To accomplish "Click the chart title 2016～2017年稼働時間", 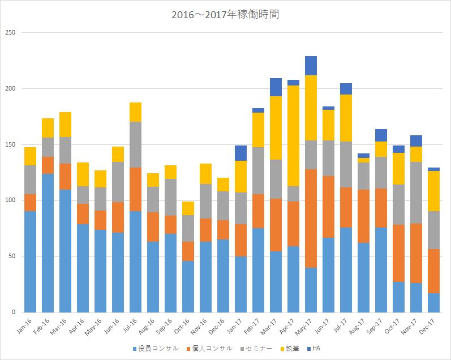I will [x=225, y=14].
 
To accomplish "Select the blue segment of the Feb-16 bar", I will [x=48, y=243].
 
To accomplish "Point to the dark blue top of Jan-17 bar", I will [x=240, y=153].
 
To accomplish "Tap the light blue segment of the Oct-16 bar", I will [x=188, y=286].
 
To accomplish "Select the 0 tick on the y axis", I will [x=15, y=312].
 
